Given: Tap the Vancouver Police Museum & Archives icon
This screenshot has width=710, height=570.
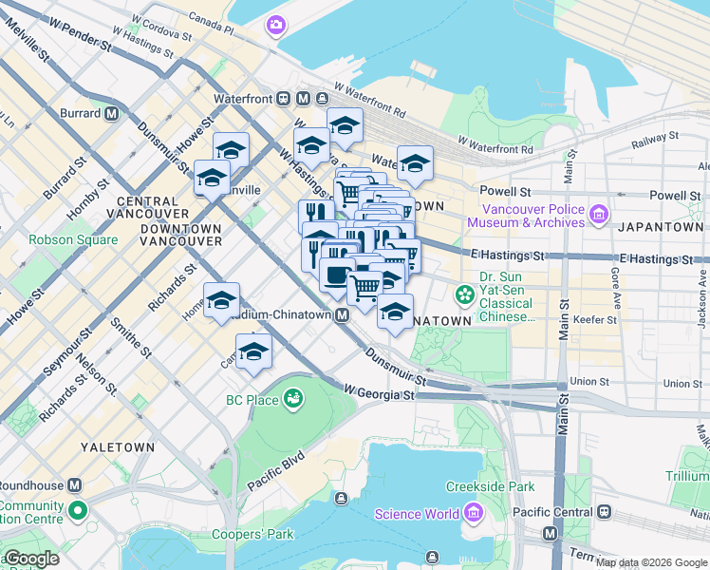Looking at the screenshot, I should click(597, 216).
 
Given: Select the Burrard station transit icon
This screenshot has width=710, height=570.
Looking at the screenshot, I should click(112, 114).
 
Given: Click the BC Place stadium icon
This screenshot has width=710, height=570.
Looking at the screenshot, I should click(294, 400).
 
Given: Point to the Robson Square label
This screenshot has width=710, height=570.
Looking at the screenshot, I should click(73, 240).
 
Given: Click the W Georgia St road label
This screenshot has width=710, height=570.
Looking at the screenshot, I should click(380, 392).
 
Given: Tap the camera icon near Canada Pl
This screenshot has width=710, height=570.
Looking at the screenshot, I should click(277, 25).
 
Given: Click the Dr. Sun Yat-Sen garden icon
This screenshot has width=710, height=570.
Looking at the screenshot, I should click(464, 294).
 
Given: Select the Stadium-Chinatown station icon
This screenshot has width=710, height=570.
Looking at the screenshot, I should click(340, 315).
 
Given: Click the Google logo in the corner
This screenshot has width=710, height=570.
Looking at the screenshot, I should click(31, 560).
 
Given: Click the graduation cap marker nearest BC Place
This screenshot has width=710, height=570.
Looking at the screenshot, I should click(253, 352).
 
